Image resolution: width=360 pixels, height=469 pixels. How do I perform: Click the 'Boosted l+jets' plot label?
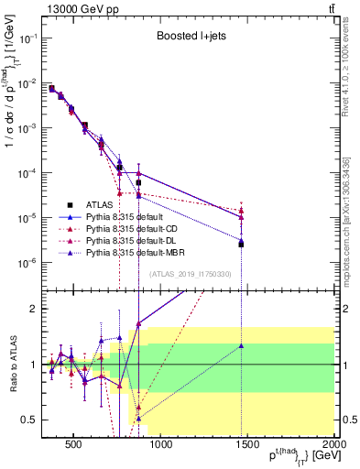[188, 37]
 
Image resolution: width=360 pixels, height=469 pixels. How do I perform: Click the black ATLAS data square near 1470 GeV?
[241, 245]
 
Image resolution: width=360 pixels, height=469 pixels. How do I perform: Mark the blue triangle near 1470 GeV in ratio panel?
[241, 346]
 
